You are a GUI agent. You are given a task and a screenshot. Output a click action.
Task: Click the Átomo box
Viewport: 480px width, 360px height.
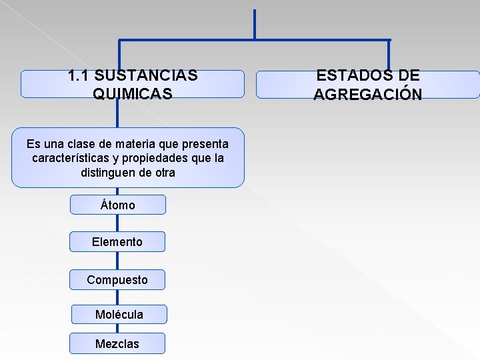(117, 205)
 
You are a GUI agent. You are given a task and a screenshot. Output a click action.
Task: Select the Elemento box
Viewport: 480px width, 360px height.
(117, 242)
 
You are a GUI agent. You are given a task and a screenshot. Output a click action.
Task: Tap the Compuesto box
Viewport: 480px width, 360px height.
(117, 280)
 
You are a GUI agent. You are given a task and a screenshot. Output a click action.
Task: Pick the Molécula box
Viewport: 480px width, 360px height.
(119, 314)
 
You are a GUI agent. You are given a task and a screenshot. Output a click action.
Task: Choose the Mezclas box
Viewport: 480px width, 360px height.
(117, 343)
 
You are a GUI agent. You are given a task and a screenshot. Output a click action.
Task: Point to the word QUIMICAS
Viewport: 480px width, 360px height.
(133, 94)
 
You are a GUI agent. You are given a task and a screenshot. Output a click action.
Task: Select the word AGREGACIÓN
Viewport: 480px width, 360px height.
(367, 94)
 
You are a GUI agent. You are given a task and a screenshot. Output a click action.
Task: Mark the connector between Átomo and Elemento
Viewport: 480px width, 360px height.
(117, 223)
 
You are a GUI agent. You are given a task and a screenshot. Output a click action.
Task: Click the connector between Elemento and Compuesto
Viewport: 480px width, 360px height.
(117, 261)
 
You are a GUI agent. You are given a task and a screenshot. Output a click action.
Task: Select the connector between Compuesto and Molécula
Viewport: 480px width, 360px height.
(117, 297)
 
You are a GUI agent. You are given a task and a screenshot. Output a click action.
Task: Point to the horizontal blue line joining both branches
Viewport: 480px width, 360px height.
(254, 40)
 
